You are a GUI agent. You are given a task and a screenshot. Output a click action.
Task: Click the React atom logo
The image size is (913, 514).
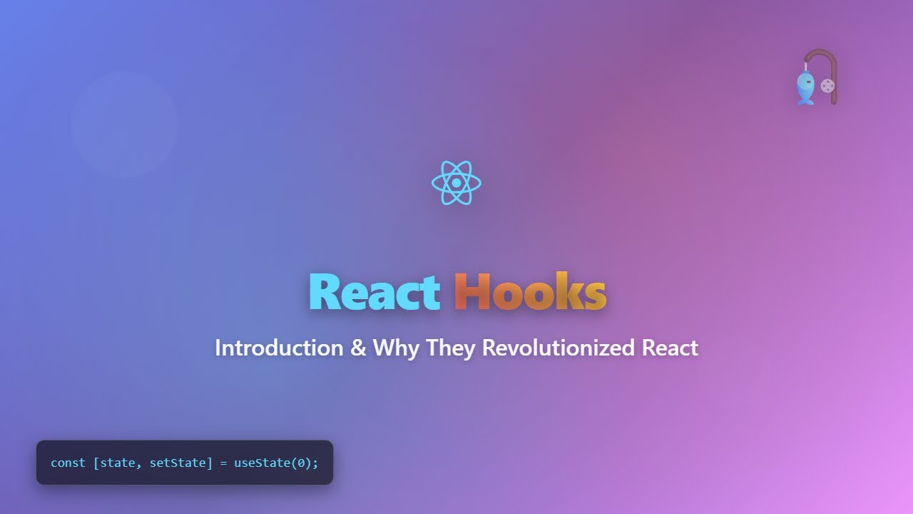point(456,183)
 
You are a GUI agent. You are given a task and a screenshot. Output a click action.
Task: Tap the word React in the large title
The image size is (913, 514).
point(374,293)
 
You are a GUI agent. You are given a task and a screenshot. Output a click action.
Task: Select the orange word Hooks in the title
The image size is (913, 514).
point(530,293)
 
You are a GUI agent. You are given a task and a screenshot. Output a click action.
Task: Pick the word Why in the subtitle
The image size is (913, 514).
point(396,349)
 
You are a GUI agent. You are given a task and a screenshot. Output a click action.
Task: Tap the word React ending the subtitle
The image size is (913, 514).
point(670,348)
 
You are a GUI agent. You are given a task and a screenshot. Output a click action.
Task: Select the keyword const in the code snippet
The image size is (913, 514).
point(68,463)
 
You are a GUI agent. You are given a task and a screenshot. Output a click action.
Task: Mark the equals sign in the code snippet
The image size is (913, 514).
point(223,463)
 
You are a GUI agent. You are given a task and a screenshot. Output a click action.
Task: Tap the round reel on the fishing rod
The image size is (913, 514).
point(827,86)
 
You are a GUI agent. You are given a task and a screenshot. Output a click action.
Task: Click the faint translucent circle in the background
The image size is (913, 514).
point(124,124)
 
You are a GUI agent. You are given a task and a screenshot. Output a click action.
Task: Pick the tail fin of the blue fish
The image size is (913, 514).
point(805,101)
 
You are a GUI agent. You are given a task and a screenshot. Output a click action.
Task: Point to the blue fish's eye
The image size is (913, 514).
point(808,82)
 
